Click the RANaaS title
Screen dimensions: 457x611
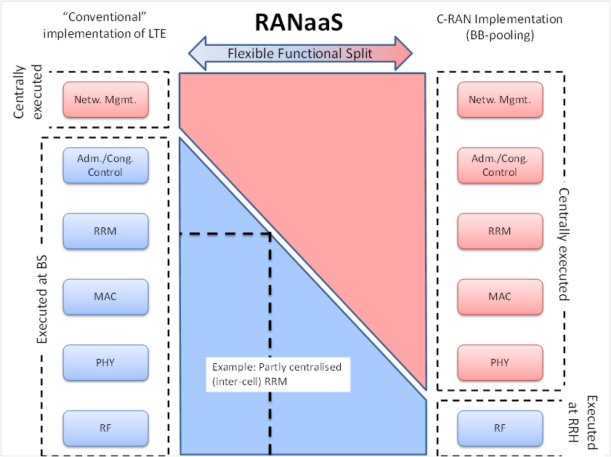pyautogui.click(x=299, y=23)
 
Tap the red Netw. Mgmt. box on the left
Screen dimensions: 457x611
pyautogui.click(x=106, y=100)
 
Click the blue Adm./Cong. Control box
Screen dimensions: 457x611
pyautogui.click(x=106, y=166)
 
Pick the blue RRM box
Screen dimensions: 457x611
pyautogui.click(x=106, y=231)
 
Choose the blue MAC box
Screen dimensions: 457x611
pyautogui.click(x=106, y=296)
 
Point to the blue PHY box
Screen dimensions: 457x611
pyautogui.click(x=106, y=362)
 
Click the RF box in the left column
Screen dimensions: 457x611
pyautogui.click(x=106, y=427)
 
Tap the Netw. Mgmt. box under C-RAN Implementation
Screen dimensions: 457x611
pyautogui.click(x=500, y=100)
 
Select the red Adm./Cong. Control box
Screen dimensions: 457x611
pyautogui.click(x=500, y=166)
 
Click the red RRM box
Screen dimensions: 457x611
pyautogui.click(x=500, y=231)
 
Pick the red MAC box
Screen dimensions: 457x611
pyautogui.click(x=500, y=296)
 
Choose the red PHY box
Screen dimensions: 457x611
pyautogui.click(x=500, y=362)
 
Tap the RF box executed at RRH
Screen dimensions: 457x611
pyautogui.click(x=500, y=427)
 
